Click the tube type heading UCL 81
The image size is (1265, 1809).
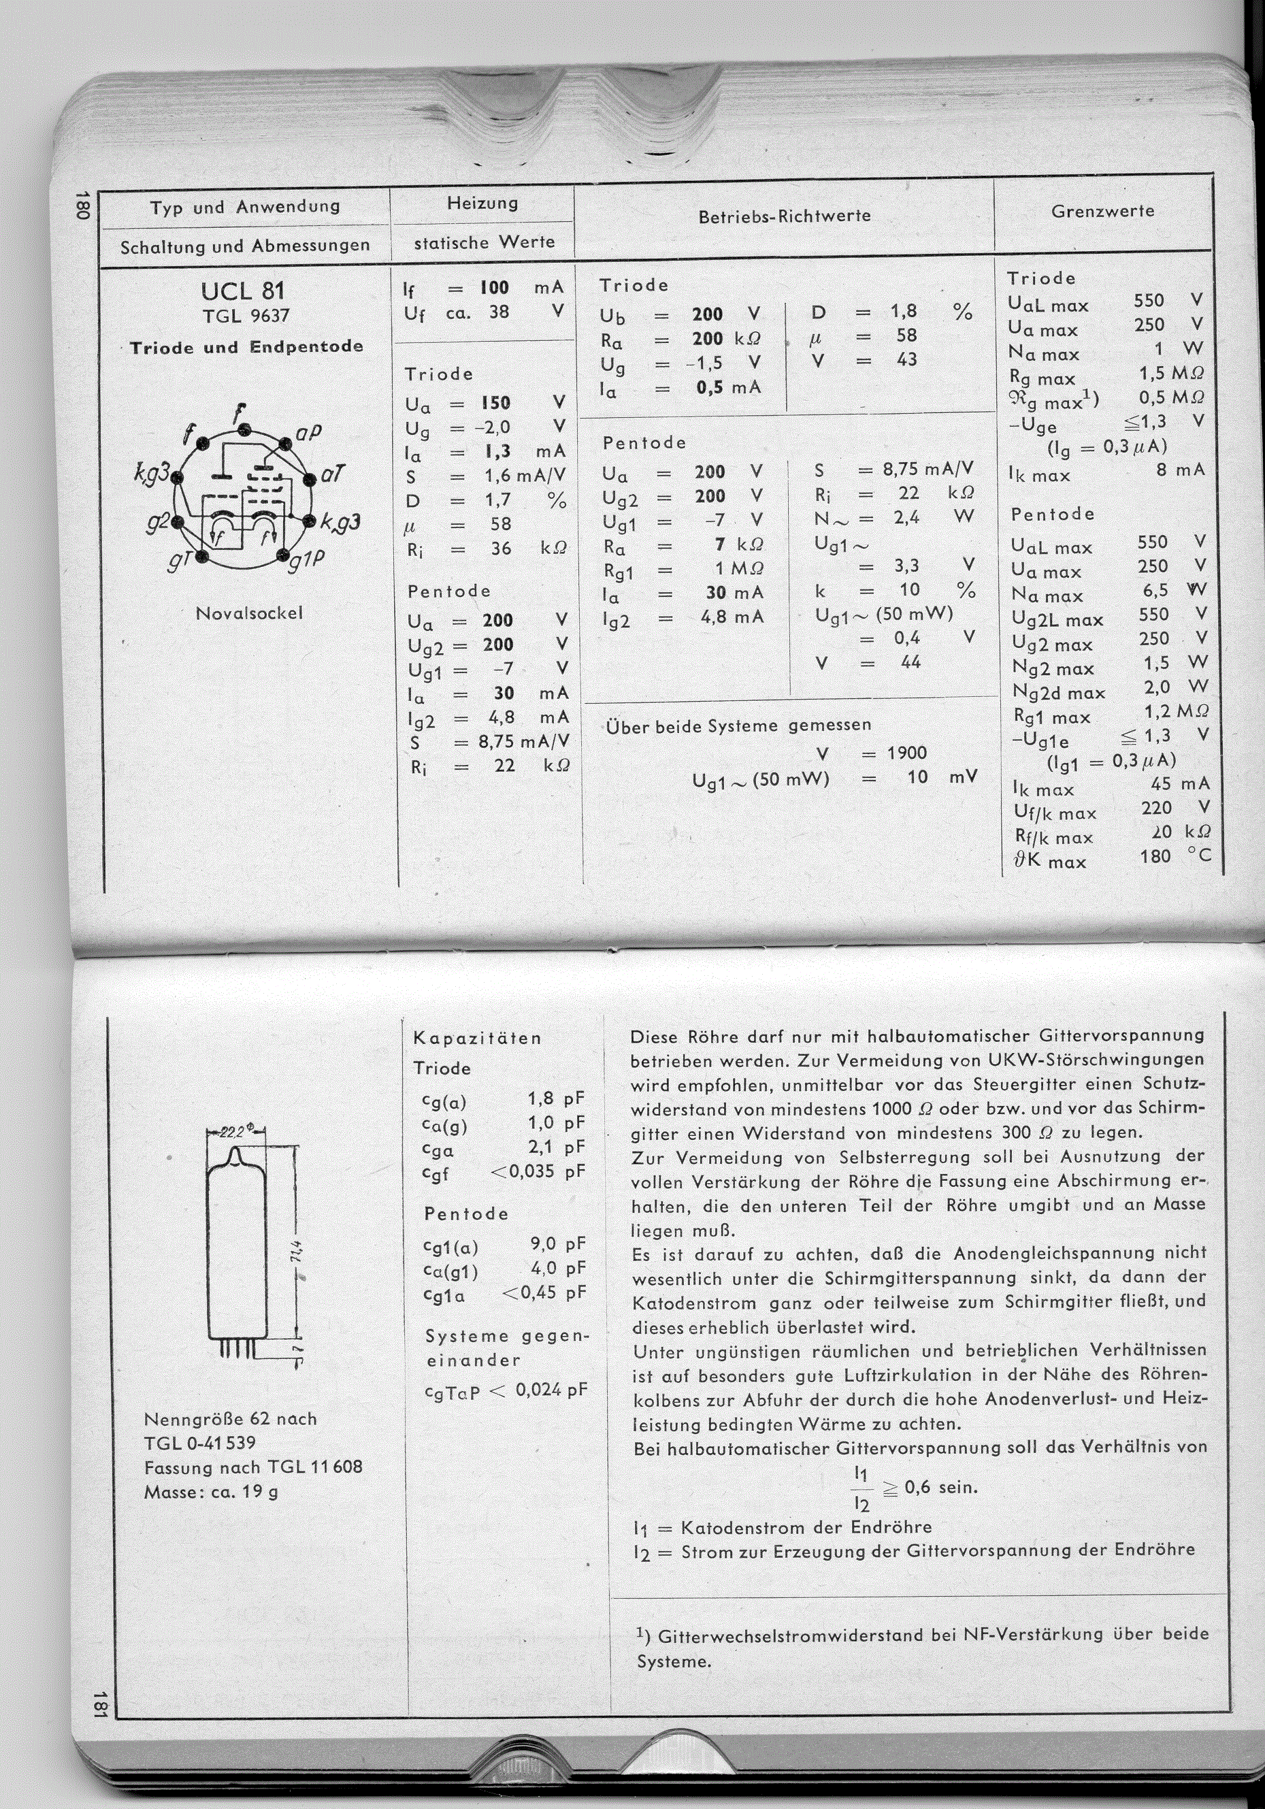click(243, 291)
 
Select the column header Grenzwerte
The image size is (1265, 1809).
click(1102, 211)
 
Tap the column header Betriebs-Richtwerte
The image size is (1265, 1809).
click(785, 216)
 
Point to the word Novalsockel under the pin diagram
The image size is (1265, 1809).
click(249, 613)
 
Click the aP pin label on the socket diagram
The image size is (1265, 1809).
click(310, 431)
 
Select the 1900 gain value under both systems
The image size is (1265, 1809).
click(906, 753)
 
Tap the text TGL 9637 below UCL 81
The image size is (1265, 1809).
click(246, 316)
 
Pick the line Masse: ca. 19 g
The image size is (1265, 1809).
click(211, 1491)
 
